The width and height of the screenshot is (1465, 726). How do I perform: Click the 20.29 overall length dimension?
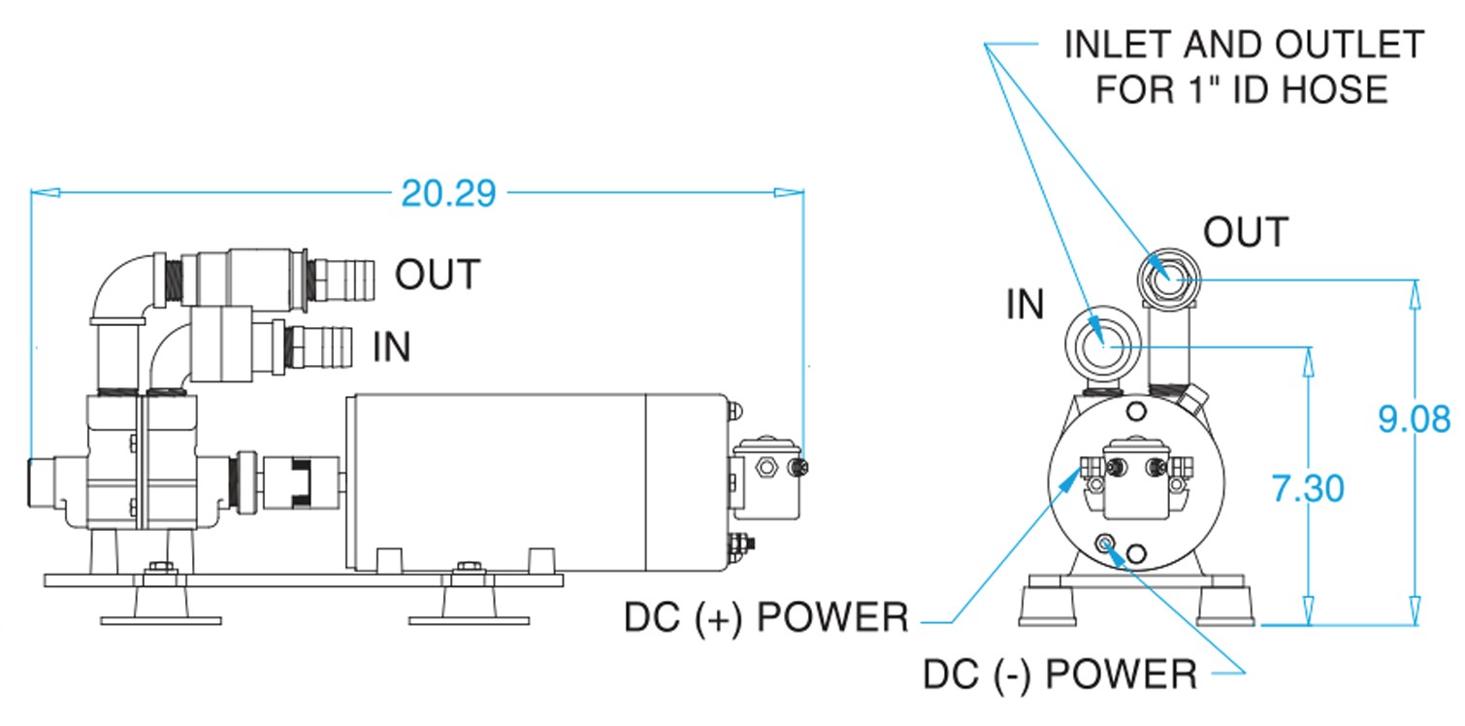pyautogui.click(x=448, y=193)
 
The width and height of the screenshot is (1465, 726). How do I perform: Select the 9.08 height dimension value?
pyautogui.click(x=1414, y=419)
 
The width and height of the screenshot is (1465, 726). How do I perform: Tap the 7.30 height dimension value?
pyautogui.click(x=1308, y=487)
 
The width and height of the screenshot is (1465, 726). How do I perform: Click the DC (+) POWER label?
pyautogui.click(x=765, y=617)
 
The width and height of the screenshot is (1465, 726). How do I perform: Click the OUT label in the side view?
pyautogui.click(x=437, y=276)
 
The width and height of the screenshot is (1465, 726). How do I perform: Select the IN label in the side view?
pyautogui.click(x=392, y=346)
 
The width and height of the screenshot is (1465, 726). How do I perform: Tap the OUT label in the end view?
pyautogui.click(x=1245, y=233)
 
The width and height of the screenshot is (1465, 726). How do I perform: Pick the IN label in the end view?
pyautogui.click(x=1025, y=305)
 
